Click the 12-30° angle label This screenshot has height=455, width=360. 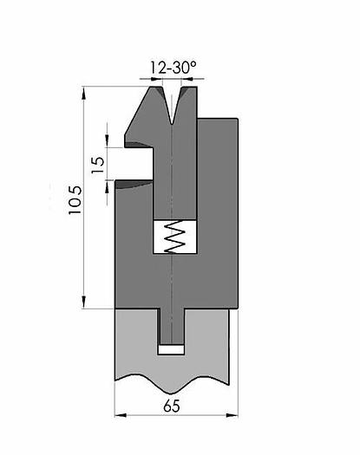point(174,66)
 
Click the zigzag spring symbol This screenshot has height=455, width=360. point(175,237)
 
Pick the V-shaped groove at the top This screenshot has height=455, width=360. point(174,104)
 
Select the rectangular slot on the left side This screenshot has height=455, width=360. point(138,161)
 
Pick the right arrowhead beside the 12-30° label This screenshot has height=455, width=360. point(199,79)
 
